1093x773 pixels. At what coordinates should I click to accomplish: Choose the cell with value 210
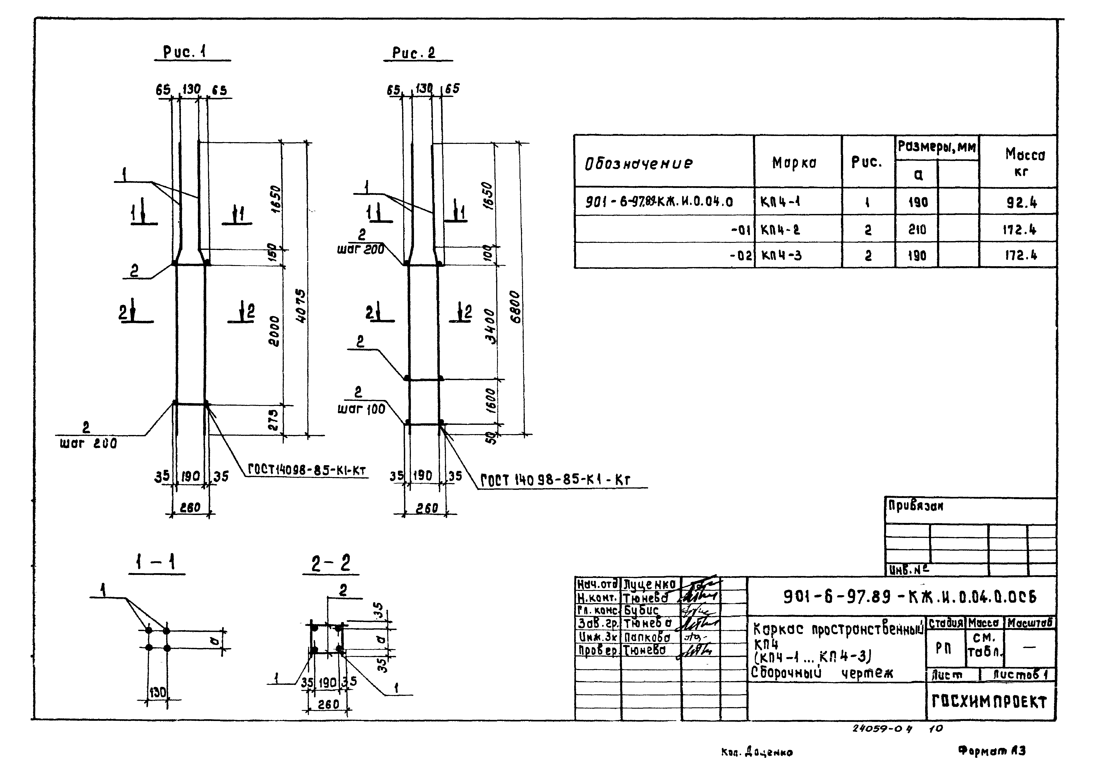point(917,230)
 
